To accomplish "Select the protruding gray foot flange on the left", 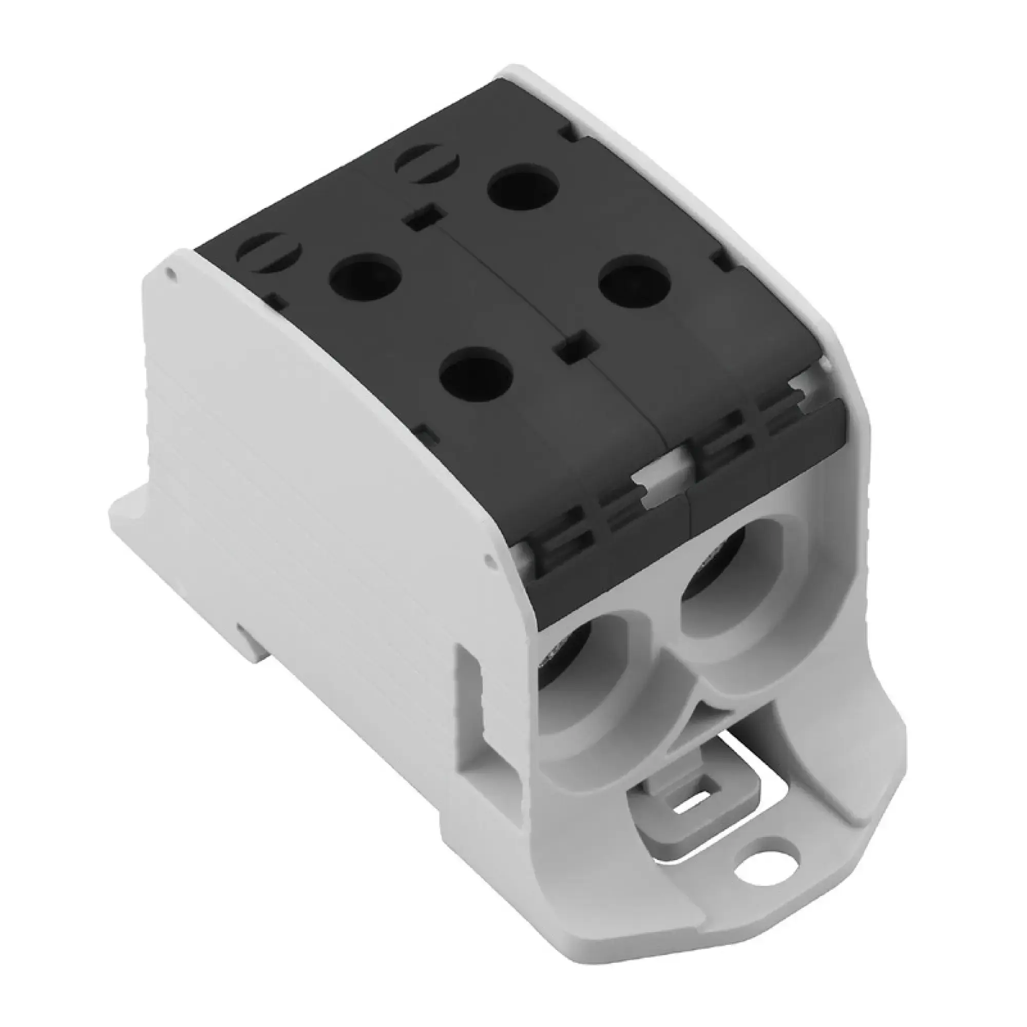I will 133,518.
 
